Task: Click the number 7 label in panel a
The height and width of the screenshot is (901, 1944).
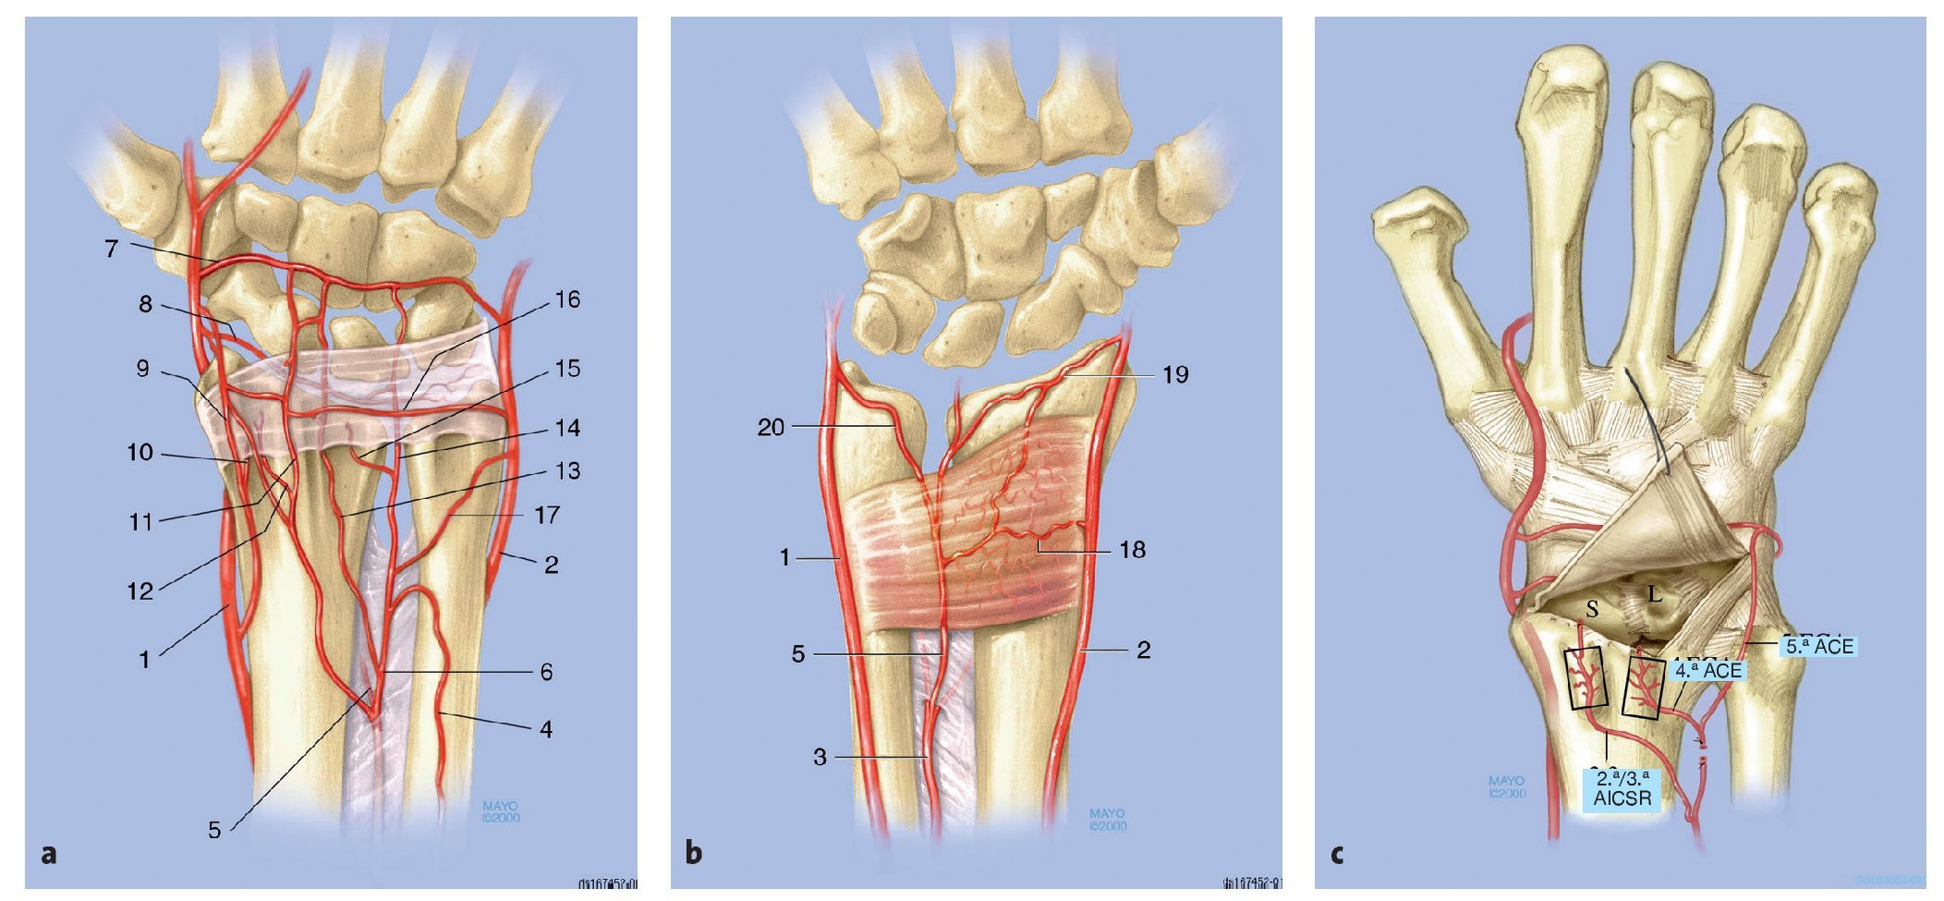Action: coord(112,249)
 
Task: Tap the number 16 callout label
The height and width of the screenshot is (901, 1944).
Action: coord(567,299)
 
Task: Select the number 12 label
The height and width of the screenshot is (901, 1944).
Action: coord(140,591)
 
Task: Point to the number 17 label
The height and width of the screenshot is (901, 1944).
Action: coord(547,515)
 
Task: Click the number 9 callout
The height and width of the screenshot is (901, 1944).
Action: coord(142,369)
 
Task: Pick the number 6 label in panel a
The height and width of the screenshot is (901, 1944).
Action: coord(546,672)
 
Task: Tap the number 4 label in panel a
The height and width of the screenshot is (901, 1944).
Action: coord(546,729)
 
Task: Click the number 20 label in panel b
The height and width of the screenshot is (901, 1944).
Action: coord(771,427)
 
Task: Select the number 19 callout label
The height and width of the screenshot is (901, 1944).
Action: coord(1175,374)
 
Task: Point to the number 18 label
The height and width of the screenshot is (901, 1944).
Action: coord(1132,550)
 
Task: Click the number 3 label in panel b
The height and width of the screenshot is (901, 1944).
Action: coord(820,757)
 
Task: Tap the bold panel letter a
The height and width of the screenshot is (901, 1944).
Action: coord(49,854)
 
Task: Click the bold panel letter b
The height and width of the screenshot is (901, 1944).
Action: coord(694,854)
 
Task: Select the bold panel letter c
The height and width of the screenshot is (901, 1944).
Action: coord(1337,854)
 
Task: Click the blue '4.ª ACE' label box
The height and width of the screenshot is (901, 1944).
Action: coord(1707,670)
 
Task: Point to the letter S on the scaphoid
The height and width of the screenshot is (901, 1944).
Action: coord(1592,609)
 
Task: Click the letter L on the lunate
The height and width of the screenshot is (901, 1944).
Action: coord(1654,593)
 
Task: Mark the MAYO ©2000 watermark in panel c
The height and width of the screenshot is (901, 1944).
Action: coord(1507,787)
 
